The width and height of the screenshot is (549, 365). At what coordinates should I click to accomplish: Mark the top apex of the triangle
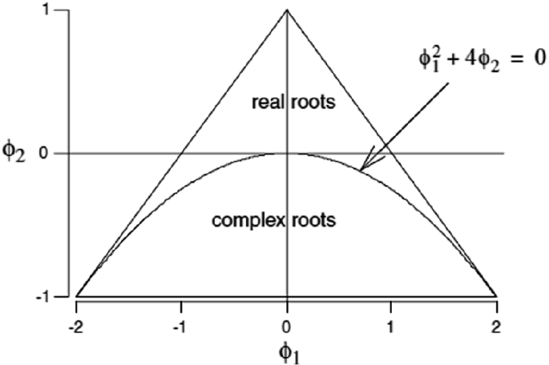(x=287, y=10)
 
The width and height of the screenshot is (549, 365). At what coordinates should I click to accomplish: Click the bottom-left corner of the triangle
(x=76, y=296)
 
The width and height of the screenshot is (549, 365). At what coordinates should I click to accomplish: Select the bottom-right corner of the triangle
(x=497, y=296)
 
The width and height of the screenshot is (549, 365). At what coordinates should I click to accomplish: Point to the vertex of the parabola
(x=287, y=153)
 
